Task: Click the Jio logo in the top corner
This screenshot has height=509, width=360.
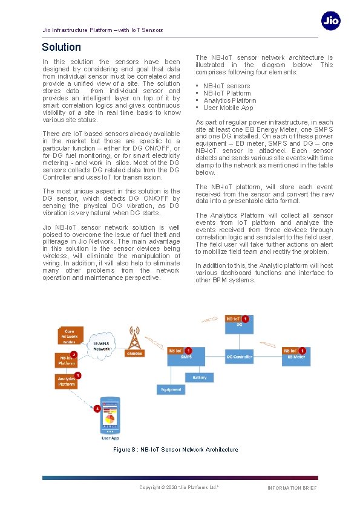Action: click(x=330, y=21)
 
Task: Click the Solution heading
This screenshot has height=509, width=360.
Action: click(x=61, y=47)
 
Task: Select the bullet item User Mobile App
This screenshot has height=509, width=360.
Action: click(x=228, y=108)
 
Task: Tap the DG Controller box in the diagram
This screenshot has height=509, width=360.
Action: click(x=239, y=357)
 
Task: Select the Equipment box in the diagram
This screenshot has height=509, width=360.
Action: click(x=171, y=389)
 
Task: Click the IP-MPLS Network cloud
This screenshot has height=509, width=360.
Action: click(x=101, y=346)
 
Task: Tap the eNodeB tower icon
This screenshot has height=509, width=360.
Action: click(x=134, y=342)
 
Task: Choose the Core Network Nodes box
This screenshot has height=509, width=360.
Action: click(x=70, y=336)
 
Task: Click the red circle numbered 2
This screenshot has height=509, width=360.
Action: click(x=73, y=354)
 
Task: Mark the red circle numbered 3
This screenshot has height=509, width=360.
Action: click(x=77, y=375)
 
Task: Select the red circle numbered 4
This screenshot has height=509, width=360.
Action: click(x=97, y=409)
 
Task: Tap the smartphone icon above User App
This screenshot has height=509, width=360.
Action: click(x=111, y=417)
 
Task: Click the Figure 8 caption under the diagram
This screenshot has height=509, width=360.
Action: click(x=175, y=450)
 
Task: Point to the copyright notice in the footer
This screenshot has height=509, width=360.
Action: click(x=178, y=487)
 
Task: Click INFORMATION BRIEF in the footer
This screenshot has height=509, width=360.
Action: click(x=292, y=488)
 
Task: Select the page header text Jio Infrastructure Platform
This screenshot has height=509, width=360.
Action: click(x=102, y=30)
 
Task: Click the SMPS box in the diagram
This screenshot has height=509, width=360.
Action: click(x=186, y=357)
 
